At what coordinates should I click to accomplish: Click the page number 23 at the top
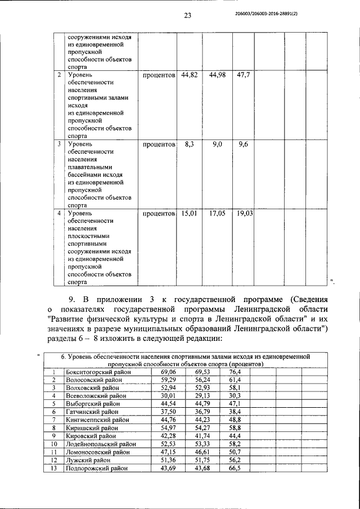click(x=187, y=15)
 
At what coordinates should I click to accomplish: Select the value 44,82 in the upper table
click(x=189, y=75)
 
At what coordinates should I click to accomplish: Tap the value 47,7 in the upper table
click(x=243, y=75)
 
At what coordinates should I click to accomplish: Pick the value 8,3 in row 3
click(x=189, y=145)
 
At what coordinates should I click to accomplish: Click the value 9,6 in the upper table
click(x=243, y=145)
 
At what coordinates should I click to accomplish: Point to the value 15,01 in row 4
click(x=189, y=214)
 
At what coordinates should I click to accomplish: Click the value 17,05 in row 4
click(x=217, y=214)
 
